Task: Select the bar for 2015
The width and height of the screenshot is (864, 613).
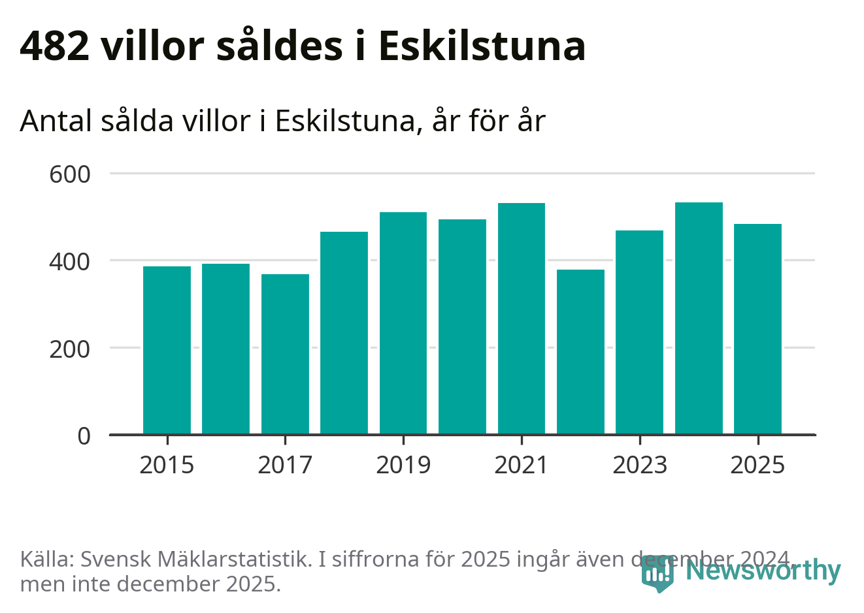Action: pyautogui.click(x=167, y=350)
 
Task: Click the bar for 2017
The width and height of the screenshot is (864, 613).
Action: pyautogui.click(x=285, y=354)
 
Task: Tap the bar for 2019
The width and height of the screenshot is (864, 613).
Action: pyautogui.click(x=403, y=323)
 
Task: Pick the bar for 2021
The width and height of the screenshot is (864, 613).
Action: pyautogui.click(x=522, y=319)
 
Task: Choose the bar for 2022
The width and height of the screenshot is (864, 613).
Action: pyautogui.click(x=580, y=352)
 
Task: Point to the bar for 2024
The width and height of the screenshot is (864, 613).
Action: pyautogui.click(x=699, y=318)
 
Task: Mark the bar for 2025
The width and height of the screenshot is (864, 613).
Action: pyautogui.click(x=757, y=329)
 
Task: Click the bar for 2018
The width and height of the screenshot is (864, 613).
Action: pyautogui.click(x=344, y=333)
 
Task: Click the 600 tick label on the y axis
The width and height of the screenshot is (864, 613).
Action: pyautogui.click(x=70, y=174)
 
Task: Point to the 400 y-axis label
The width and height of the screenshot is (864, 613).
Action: pyautogui.click(x=70, y=261)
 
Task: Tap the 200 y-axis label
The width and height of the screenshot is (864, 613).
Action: pyautogui.click(x=70, y=349)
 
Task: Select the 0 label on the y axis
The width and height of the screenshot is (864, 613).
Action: pyautogui.click(x=84, y=435)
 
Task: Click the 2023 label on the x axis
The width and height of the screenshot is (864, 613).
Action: pyautogui.click(x=639, y=465)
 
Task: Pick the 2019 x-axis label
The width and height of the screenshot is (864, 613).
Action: pyautogui.click(x=403, y=465)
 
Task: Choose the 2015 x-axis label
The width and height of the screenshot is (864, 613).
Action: pyautogui.click(x=167, y=465)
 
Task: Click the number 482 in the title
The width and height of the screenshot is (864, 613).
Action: pyautogui.click(x=55, y=46)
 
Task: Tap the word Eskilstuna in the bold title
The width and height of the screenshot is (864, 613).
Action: pyautogui.click(x=482, y=46)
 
